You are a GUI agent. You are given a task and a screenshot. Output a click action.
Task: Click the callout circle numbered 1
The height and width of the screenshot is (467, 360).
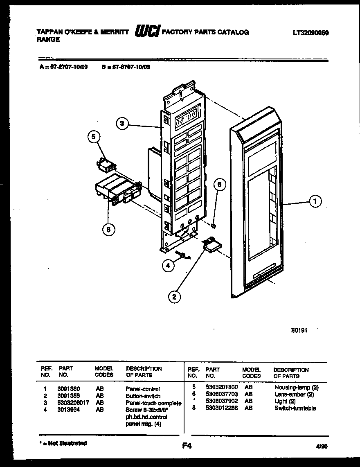coord(315,201)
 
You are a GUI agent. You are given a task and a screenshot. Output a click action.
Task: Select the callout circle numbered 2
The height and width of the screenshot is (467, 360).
coord(174,297)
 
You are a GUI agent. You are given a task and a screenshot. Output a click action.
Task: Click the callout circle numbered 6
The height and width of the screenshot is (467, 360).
coord(219,185)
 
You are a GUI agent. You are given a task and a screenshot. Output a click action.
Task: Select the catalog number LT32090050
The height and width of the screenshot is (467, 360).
coord(311,32)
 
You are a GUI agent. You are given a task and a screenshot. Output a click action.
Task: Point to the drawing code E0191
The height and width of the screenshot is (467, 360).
coord(299,328)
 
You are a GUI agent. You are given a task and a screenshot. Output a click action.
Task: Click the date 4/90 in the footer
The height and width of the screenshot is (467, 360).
coord(321,447)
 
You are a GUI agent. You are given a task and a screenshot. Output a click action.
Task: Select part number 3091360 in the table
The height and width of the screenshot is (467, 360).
coord(69,389)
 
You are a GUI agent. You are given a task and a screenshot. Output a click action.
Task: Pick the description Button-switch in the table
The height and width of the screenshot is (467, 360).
coord(143,396)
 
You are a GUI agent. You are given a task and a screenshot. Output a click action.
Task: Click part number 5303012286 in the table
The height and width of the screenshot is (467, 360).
coord(221,408)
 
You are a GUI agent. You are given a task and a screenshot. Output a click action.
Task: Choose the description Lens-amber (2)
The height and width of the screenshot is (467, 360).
coord(294,394)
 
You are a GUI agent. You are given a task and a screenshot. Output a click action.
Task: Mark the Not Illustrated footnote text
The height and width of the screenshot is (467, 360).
coord(63,443)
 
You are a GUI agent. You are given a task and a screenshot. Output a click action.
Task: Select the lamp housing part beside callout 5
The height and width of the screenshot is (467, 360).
coord(105,165)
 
